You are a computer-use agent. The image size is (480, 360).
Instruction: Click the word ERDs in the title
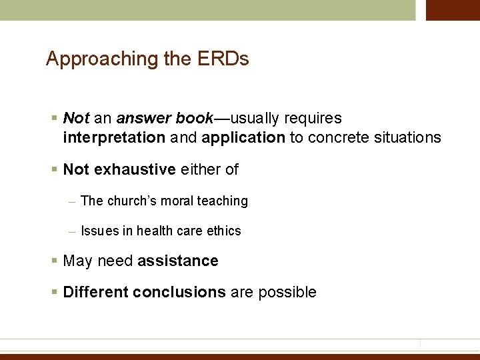(223, 59)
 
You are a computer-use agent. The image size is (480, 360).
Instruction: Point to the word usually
(257, 119)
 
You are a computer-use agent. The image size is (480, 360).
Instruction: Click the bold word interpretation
(114, 138)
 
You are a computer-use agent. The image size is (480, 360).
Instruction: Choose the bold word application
(243, 138)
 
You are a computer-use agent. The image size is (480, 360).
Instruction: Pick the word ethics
(224, 231)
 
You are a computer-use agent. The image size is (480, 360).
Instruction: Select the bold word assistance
(178, 261)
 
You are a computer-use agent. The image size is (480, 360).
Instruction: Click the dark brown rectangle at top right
(453, 10)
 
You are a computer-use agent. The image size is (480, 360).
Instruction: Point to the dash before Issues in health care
(71, 231)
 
